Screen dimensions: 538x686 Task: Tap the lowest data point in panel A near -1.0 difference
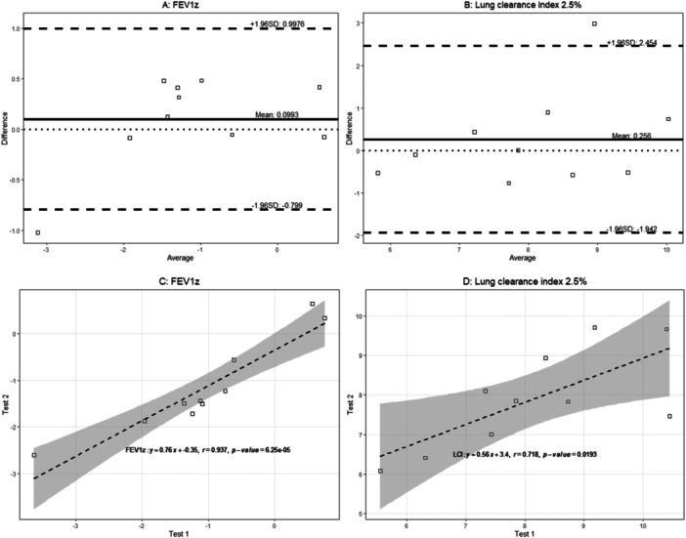[x=38, y=232]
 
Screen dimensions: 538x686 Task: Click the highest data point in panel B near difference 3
[x=594, y=23]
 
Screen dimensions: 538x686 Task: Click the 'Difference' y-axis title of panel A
[x=6, y=127]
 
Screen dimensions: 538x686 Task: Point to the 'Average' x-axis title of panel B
[x=523, y=259]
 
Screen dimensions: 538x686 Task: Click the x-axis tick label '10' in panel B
[x=665, y=249]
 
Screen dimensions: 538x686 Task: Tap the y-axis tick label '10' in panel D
[x=363, y=316]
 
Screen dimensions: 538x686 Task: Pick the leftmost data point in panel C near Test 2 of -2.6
[x=34, y=455]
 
